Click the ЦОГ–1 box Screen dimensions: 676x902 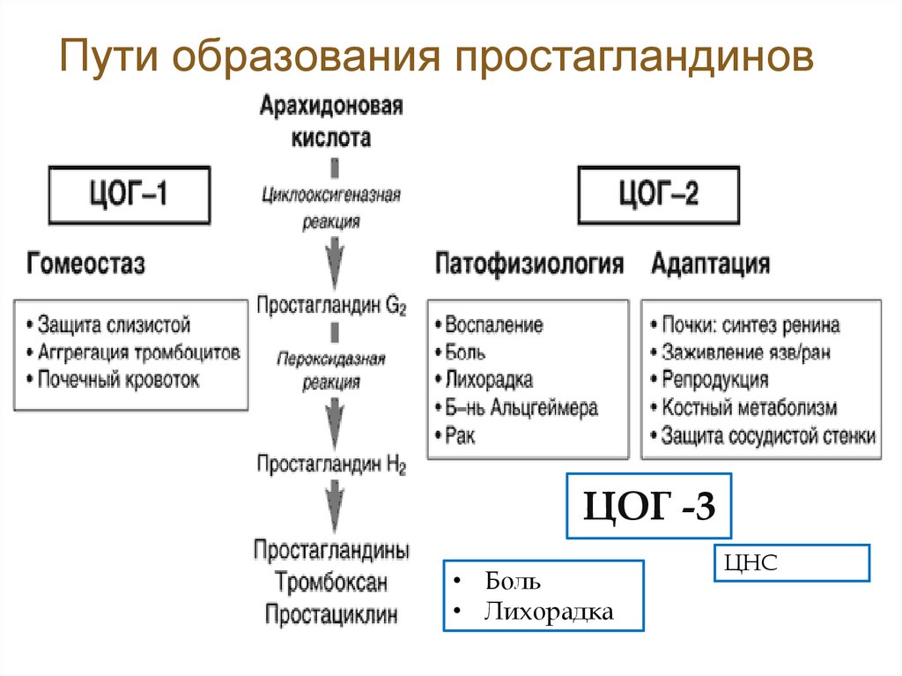129,194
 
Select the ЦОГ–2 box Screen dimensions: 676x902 660,194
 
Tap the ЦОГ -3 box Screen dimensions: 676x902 648,508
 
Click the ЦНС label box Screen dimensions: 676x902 791,562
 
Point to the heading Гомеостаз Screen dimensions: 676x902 86,263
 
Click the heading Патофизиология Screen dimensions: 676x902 530,263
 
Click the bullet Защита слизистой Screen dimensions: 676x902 115,325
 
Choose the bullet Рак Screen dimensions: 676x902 460,435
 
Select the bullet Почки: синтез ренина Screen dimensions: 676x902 750,325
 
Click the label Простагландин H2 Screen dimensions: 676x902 331,464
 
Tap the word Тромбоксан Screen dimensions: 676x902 331,582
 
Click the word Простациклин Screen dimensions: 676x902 331,613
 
